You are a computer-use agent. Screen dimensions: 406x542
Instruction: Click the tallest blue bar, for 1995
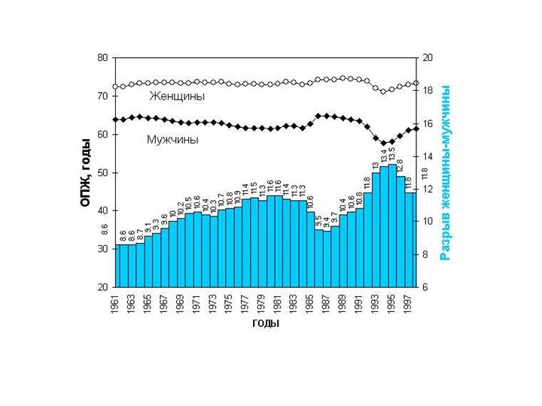pos(391,226)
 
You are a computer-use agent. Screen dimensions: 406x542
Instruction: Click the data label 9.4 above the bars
pos(327,223)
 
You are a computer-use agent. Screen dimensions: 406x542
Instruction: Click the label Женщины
pos(177,96)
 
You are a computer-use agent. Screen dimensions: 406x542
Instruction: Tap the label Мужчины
pos(172,140)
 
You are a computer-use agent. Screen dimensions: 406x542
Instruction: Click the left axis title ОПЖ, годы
pos(85,173)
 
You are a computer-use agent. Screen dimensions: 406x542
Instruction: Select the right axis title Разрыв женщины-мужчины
pos(446,173)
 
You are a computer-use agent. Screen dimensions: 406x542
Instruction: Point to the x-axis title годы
pos(265,324)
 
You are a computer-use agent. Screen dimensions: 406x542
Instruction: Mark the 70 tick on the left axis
pos(102,96)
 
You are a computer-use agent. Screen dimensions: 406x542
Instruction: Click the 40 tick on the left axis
pos(102,211)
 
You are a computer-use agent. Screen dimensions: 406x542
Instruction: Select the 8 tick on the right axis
pos(426,255)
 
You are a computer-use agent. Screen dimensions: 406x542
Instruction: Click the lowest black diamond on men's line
pos(383,143)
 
